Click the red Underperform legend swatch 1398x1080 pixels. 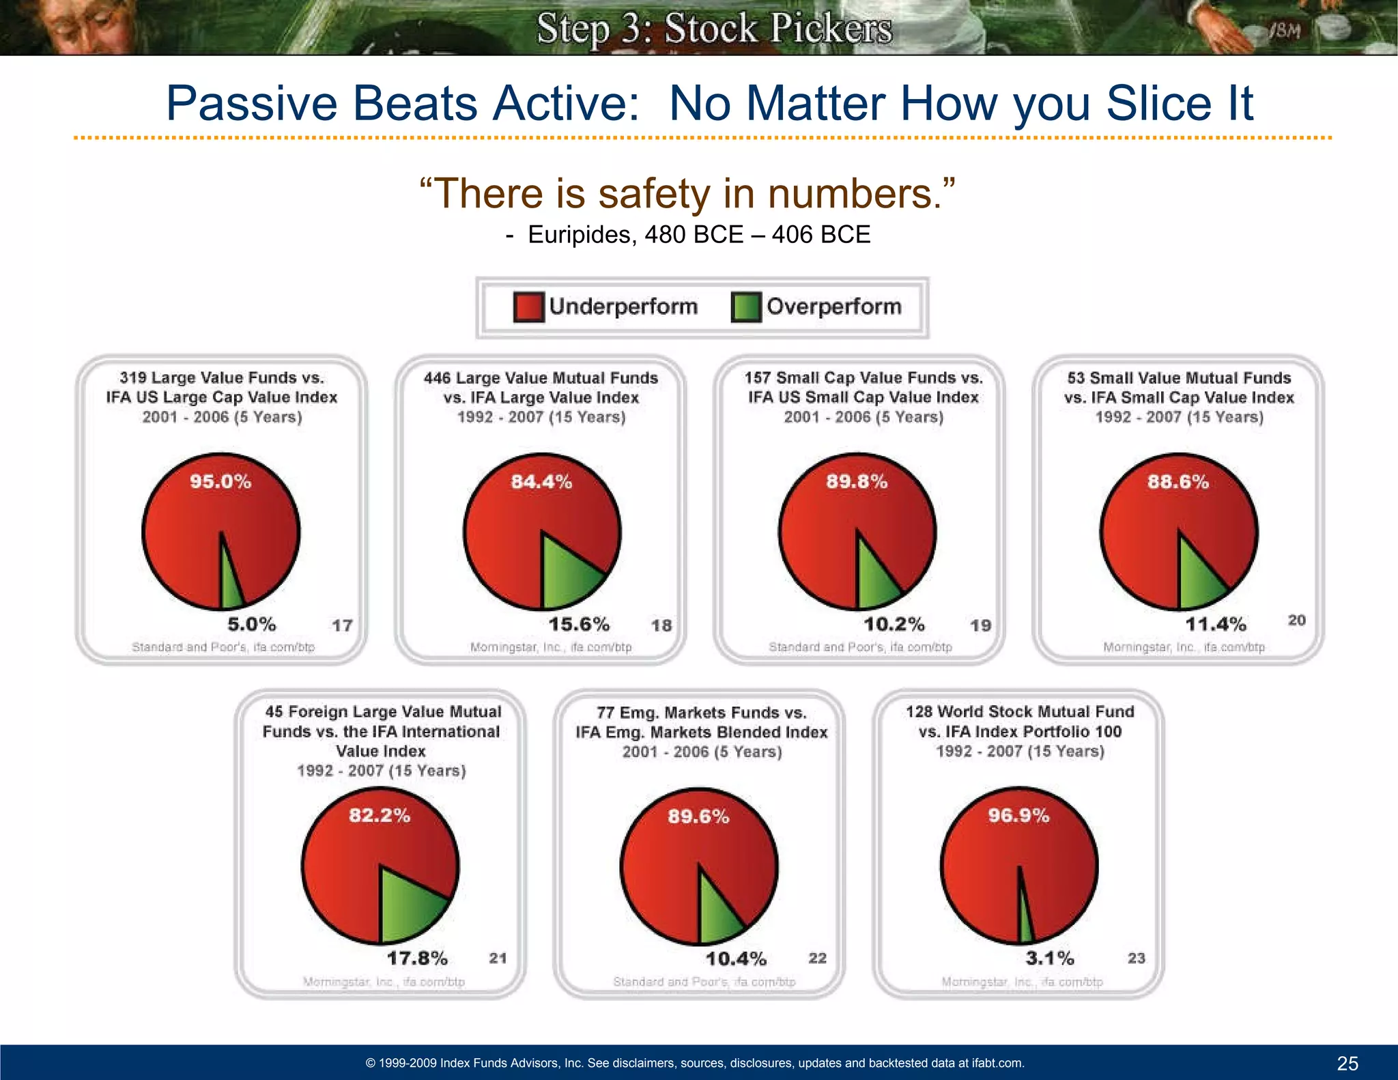point(528,307)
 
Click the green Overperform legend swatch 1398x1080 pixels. point(746,307)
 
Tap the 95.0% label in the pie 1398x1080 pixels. point(220,482)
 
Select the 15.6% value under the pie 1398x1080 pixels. point(579,624)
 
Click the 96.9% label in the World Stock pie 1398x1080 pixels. point(1018,816)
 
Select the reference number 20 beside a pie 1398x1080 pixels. point(1296,620)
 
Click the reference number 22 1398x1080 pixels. point(817,958)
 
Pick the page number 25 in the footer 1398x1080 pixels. point(1347,1063)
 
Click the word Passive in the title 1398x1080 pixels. point(252,103)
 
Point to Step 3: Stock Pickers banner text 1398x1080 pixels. point(714,29)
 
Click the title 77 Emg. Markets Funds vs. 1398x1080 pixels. point(701,713)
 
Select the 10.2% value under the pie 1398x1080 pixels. point(894,624)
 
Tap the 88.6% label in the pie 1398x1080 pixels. point(1178,482)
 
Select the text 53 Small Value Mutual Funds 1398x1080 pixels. point(1179,378)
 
